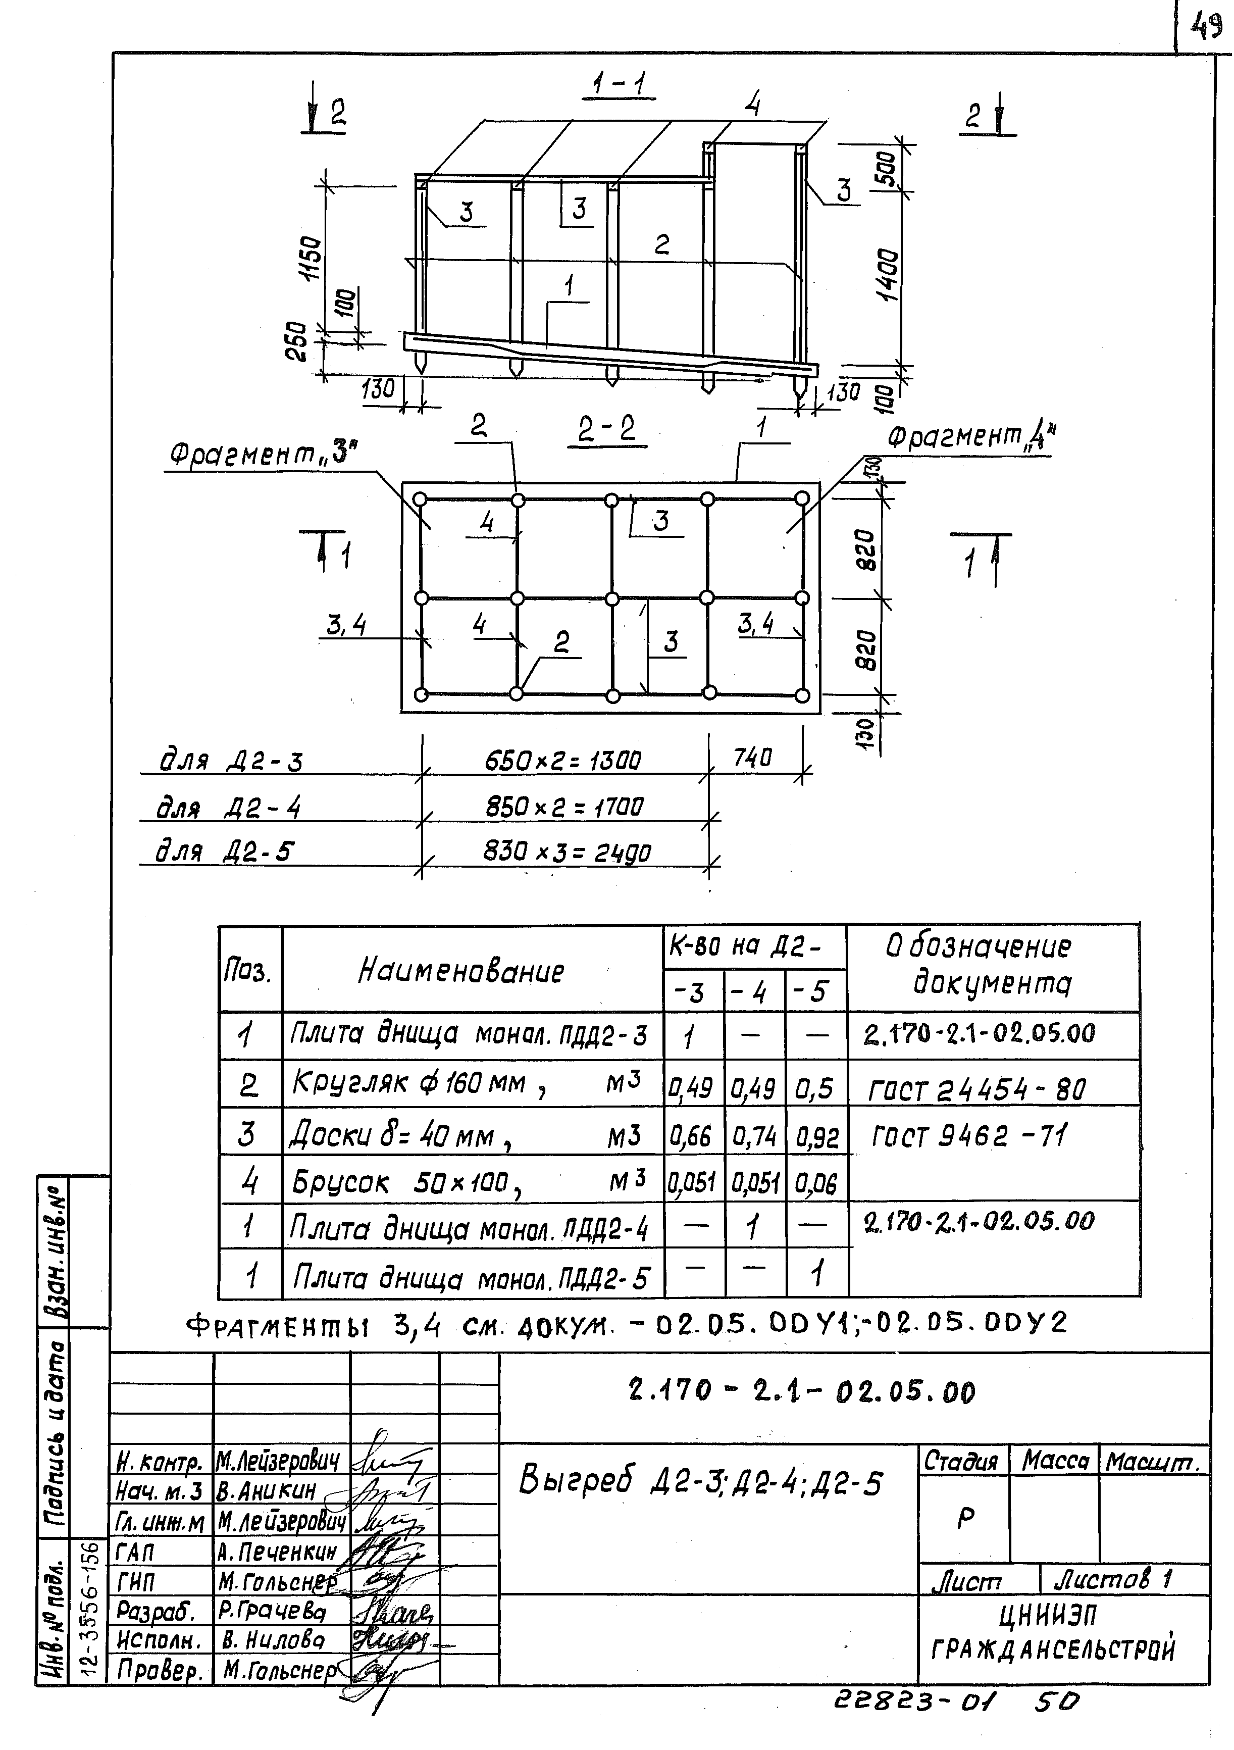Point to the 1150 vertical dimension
313,259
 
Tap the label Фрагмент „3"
263,455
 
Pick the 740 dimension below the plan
752,758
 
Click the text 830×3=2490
567,852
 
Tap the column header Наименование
461,971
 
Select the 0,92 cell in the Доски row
816,1137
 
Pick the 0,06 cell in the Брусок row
816,1184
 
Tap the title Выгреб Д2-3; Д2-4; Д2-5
700,1482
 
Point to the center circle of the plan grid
611,597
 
